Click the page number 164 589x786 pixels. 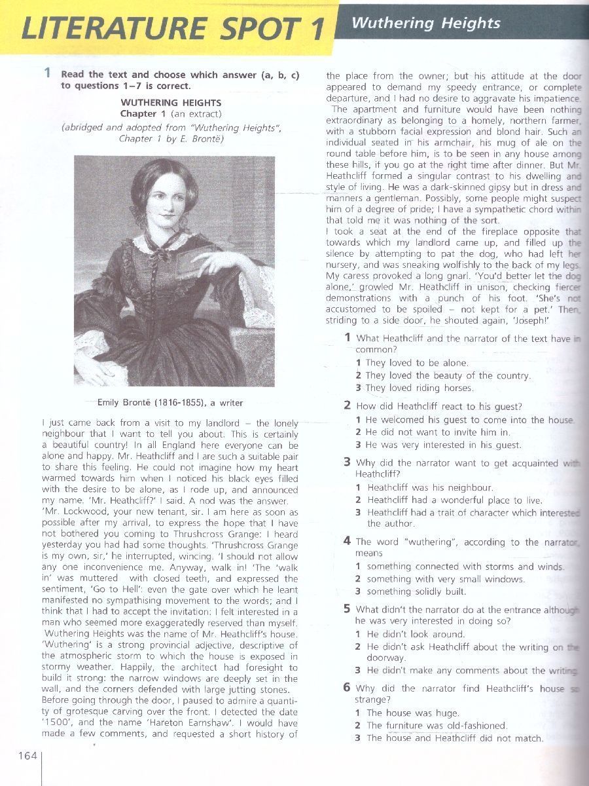27,756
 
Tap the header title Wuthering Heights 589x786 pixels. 425,24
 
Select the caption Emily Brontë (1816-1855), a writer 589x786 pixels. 170,402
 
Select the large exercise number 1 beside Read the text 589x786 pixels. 47,73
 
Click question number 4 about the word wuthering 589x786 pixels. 348,541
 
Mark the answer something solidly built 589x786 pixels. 416,591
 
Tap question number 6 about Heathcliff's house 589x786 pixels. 348,688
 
